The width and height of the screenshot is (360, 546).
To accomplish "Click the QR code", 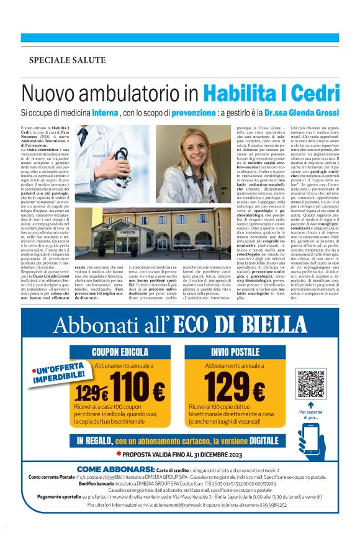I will click(311, 384).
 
